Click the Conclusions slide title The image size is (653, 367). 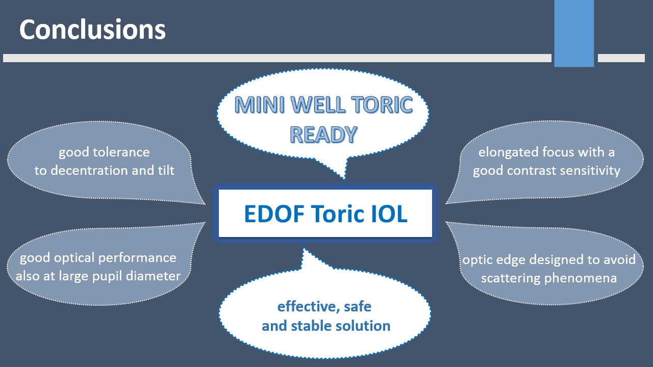coord(92,30)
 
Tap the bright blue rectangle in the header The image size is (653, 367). coord(574,33)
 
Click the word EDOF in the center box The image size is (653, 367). coord(274,214)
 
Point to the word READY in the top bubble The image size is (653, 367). coord(323,135)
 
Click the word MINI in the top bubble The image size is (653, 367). coord(260,105)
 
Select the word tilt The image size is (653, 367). coord(166,170)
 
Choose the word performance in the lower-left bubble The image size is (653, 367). coord(137,258)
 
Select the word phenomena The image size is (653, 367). coord(581,278)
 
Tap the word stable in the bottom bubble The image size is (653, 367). coord(311,326)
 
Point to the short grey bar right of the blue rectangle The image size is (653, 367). coord(621,58)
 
